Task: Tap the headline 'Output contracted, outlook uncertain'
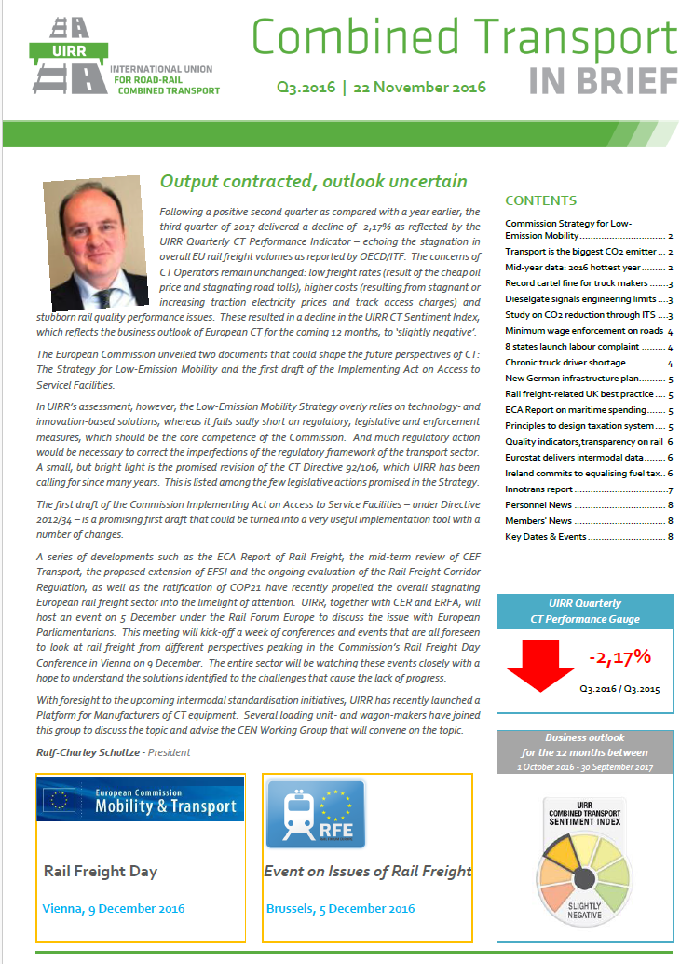pos(313,181)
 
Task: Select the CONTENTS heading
pos(540,200)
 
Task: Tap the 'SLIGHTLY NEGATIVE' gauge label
pos(584,909)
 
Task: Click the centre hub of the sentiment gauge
pos(584,877)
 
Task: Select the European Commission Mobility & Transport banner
pos(141,800)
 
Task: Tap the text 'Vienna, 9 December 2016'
pos(114,908)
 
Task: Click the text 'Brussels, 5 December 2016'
pos(341,908)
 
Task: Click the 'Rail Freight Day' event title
pos(101,871)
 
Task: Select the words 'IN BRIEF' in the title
pos(603,81)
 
